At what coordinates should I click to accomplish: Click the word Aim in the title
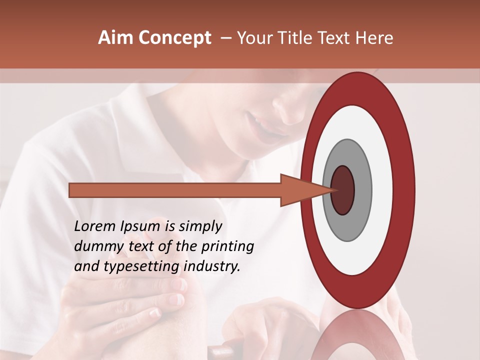click(115, 38)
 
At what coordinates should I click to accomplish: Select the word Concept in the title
click(174, 38)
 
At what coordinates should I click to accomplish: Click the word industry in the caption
click(212, 266)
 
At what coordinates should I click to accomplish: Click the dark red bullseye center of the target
click(342, 190)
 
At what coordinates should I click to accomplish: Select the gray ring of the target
click(362, 190)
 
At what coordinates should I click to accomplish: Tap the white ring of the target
click(382, 190)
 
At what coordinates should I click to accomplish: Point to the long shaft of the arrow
click(175, 190)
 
